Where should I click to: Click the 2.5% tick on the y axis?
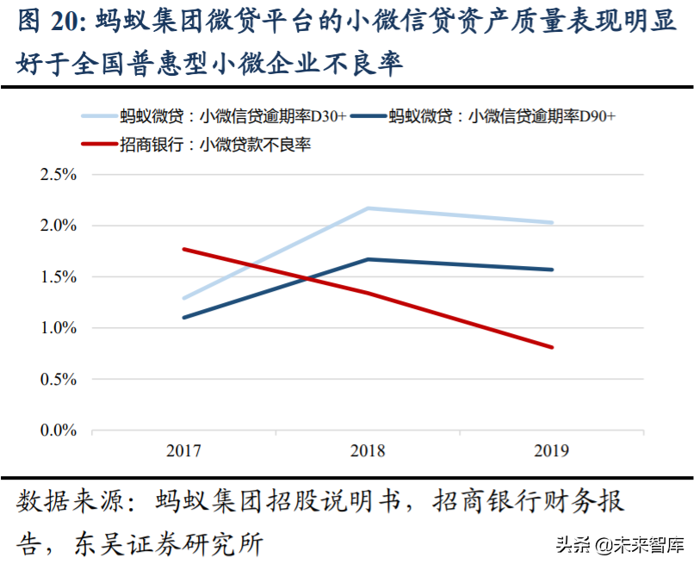pyautogui.click(x=58, y=175)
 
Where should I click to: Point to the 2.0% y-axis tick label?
pyautogui.click(x=58, y=226)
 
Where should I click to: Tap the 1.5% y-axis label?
pyautogui.click(x=58, y=276)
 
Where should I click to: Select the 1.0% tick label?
pyautogui.click(x=58, y=328)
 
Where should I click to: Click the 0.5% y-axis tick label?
pyautogui.click(x=58, y=379)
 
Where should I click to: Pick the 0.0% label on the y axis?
pyautogui.click(x=58, y=430)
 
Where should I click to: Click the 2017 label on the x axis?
pyautogui.click(x=183, y=450)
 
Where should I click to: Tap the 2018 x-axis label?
pyautogui.click(x=368, y=450)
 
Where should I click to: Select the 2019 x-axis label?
pyautogui.click(x=552, y=450)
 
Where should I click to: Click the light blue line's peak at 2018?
pyautogui.click(x=368, y=208)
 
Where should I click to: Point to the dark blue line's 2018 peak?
pyautogui.click(x=368, y=259)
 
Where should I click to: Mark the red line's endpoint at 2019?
pyautogui.click(x=552, y=347)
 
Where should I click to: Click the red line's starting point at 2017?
pyautogui.click(x=183, y=249)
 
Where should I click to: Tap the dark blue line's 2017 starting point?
pyautogui.click(x=183, y=318)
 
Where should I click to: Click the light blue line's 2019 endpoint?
pyautogui.click(x=552, y=222)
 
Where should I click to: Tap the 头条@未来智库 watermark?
pyautogui.click(x=619, y=544)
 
